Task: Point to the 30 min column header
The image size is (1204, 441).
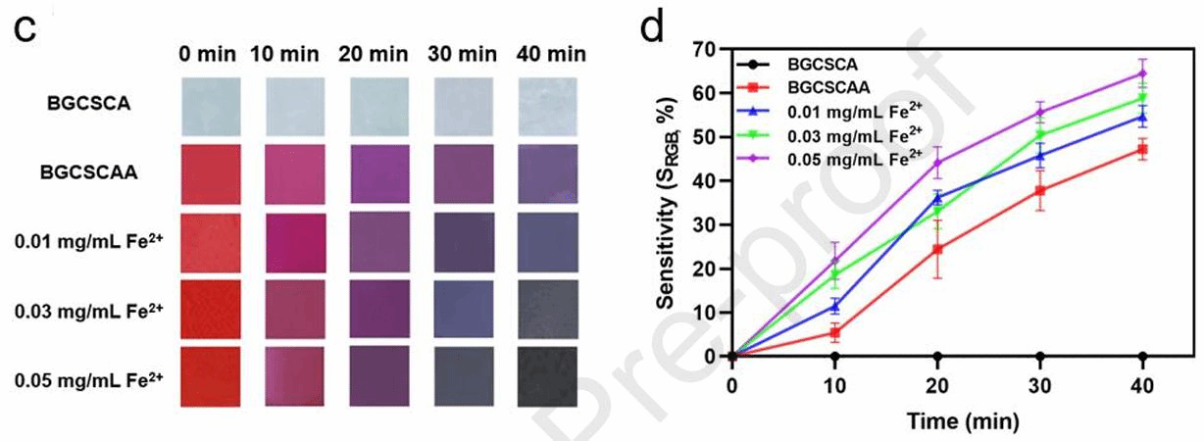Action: [462, 52]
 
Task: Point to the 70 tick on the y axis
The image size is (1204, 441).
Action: [700, 48]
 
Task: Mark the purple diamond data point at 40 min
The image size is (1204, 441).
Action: [1141, 73]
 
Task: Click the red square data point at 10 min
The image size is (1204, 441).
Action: [834, 333]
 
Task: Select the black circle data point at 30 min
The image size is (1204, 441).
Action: [1039, 356]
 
